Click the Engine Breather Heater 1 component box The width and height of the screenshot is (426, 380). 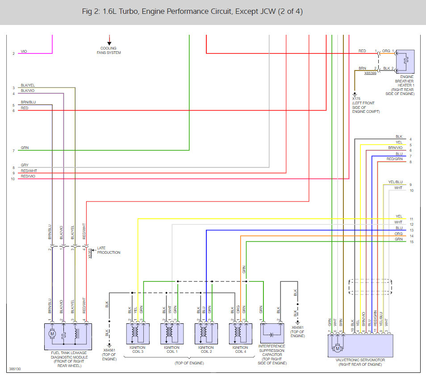pyautogui.click(x=405, y=62)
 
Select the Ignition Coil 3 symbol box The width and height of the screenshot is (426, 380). pyautogui.click(x=138, y=334)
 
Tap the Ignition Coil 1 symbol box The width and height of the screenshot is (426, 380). pyautogui.click(x=172, y=334)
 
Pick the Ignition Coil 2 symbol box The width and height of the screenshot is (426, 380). pyautogui.click(x=206, y=334)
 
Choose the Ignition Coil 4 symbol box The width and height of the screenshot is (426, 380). pyautogui.click(x=240, y=334)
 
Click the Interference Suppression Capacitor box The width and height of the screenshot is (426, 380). pyautogui.click(x=272, y=333)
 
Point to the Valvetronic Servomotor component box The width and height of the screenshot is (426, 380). pyautogui.click(x=360, y=346)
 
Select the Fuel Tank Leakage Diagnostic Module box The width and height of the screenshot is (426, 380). pyautogui.click(x=68, y=337)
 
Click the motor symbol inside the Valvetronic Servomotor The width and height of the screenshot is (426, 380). pyautogui.click(x=338, y=348)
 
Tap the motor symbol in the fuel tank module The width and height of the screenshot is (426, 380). pyautogui.click(x=52, y=334)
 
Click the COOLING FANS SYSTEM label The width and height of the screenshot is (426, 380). pyautogui.click(x=109, y=50)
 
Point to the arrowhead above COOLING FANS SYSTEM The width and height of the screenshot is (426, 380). pyautogui.click(x=109, y=43)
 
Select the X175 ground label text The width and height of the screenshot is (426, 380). pyautogui.click(x=356, y=99)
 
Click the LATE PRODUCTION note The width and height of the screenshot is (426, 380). pyautogui.click(x=109, y=250)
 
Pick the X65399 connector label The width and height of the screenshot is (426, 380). pyautogui.click(x=370, y=73)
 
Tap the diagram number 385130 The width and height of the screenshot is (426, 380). pyautogui.click(x=15, y=369)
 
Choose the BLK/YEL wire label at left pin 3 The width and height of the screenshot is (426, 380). pyautogui.click(x=28, y=85)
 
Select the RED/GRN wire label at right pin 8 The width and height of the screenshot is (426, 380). pyautogui.click(x=394, y=159)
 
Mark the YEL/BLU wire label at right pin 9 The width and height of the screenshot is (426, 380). pyautogui.click(x=395, y=182)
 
